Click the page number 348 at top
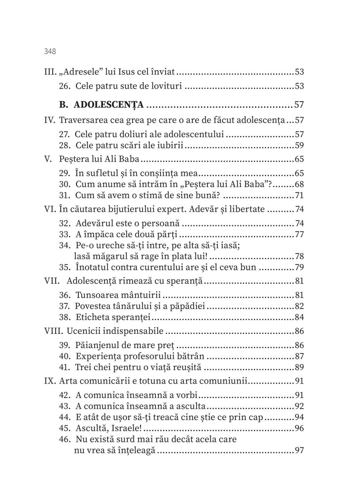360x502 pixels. click(50, 51)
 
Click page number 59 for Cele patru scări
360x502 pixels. click(299, 146)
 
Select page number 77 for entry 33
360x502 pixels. click(299, 234)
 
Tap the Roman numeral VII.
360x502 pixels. click(52, 281)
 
